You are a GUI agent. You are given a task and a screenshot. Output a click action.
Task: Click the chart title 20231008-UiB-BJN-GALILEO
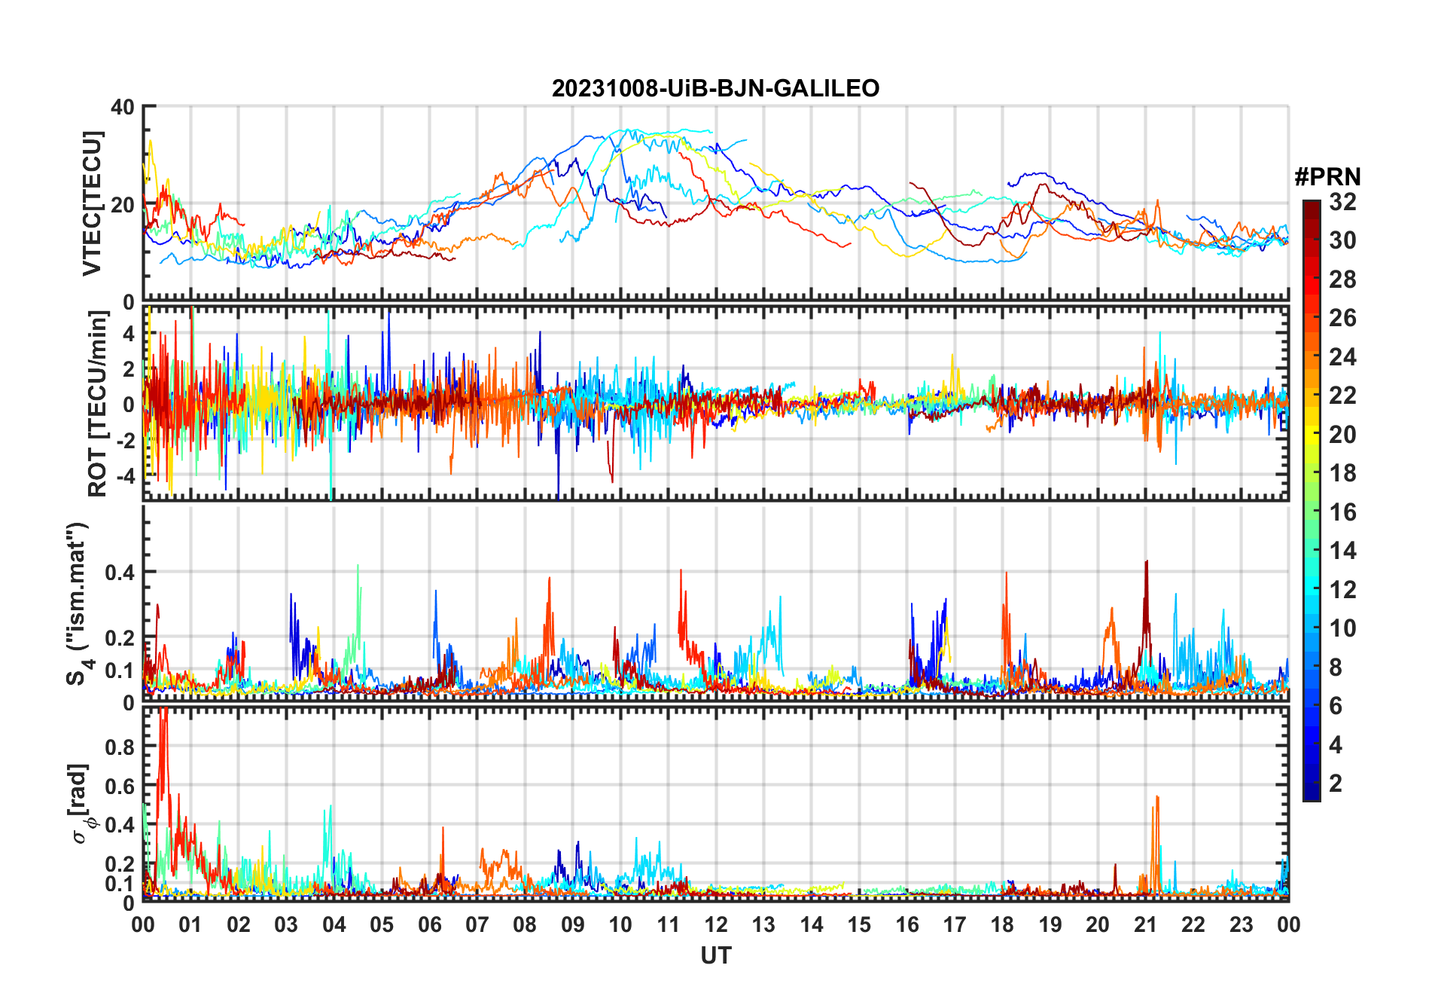[715, 89]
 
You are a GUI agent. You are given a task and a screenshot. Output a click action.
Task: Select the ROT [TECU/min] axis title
[98, 404]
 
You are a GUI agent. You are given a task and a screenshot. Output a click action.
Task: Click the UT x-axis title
[715, 956]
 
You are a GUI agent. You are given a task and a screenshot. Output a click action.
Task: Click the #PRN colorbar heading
[1327, 177]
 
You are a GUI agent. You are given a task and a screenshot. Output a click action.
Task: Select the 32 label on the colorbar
[1342, 202]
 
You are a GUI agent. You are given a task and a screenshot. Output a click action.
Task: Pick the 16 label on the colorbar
[1342, 512]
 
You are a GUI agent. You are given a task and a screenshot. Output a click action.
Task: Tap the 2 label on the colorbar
[1336, 784]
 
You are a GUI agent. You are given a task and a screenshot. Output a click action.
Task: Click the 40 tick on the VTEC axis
[123, 107]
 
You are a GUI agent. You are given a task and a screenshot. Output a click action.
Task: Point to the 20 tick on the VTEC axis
[123, 204]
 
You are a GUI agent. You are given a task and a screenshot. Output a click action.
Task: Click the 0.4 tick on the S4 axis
[120, 573]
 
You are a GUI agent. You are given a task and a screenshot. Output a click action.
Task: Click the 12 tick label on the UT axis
[716, 925]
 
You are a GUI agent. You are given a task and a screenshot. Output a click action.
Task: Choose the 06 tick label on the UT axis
[429, 925]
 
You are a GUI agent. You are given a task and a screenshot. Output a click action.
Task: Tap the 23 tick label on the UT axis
[1241, 925]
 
